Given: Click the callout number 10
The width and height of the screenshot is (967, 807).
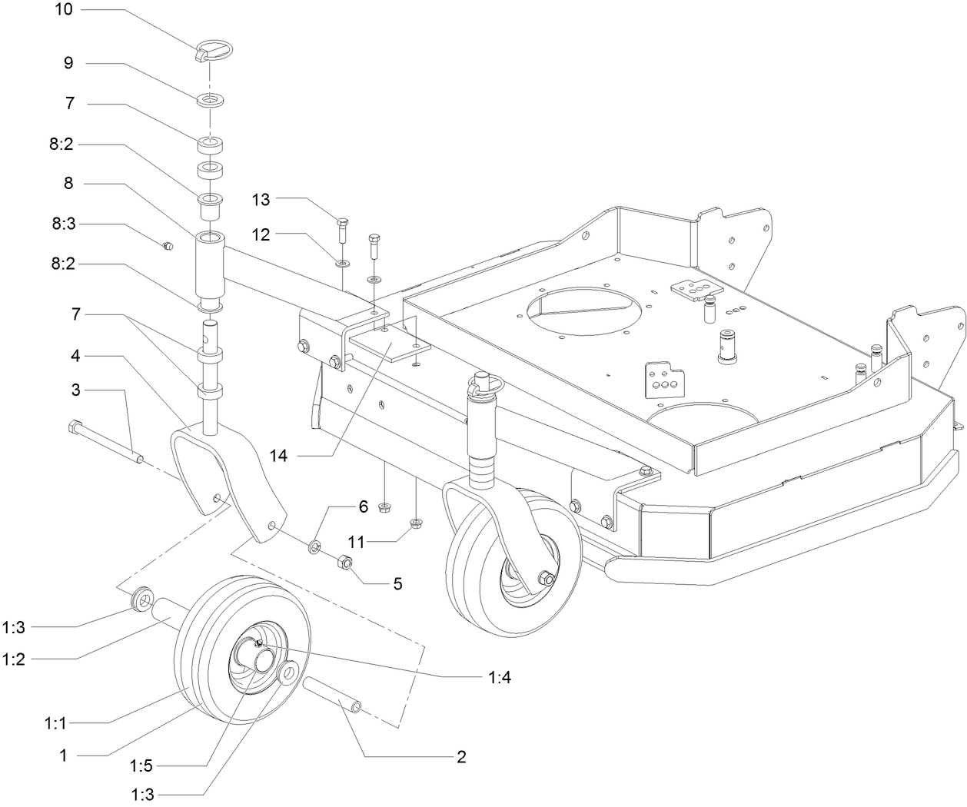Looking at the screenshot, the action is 64,8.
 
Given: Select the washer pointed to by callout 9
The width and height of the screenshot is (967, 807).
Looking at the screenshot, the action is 210,100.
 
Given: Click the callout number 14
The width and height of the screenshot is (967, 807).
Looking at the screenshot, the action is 278,456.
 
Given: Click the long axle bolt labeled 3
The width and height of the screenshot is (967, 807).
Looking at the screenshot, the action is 105,440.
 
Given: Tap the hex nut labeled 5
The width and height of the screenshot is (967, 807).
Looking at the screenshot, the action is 345,562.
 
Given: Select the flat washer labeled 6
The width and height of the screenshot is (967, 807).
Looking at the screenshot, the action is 314,546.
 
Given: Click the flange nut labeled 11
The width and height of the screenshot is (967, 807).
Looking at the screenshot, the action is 417,523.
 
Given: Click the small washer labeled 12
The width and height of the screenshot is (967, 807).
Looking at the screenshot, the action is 343,264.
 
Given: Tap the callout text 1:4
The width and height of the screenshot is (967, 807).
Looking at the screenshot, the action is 499,677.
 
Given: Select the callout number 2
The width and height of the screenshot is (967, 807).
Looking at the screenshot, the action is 461,756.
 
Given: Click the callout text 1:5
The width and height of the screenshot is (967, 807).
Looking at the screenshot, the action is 141,765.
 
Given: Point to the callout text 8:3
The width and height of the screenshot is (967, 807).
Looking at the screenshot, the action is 64,224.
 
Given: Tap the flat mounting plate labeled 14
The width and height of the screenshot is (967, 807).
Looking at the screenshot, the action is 390,347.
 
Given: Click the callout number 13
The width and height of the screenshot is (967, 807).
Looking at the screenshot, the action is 261,200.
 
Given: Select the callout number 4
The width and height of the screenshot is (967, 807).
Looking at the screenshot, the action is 75,356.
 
